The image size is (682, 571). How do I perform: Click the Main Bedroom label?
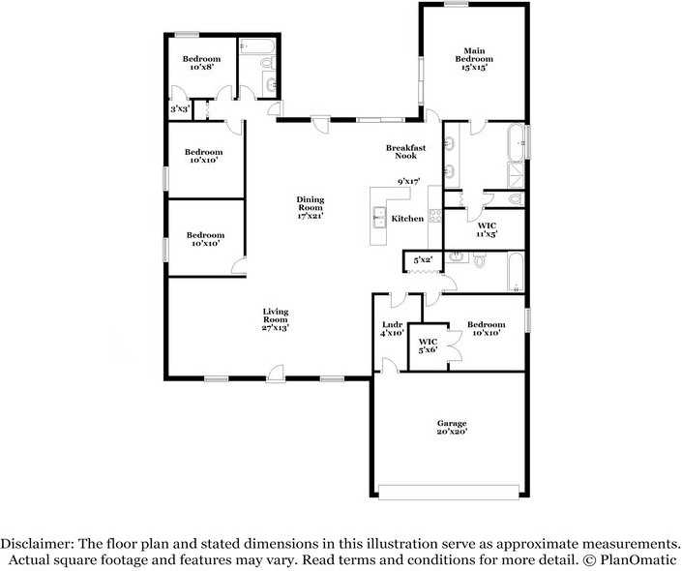pyautogui.click(x=473, y=59)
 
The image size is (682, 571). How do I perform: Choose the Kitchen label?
pyautogui.click(x=407, y=219)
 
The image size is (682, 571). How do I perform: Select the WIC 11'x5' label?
pyautogui.click(x=487, y=229)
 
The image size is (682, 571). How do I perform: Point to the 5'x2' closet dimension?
pyautogui.click(x=423, y=260)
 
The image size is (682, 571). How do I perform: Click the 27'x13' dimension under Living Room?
pyautogui.click(x=276, y=328)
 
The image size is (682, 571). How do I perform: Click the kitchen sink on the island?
pyautogui.click(x=379, y=219)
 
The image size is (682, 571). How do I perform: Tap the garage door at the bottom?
pyautogui.click(x=451, y=492)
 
